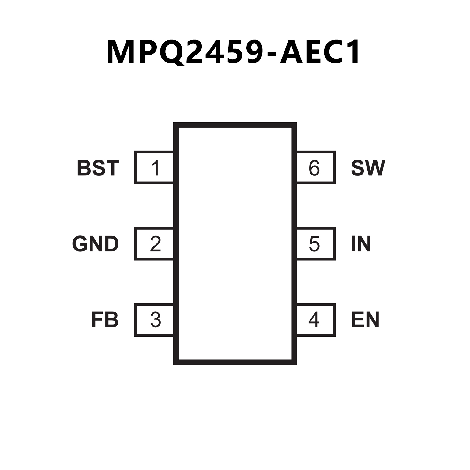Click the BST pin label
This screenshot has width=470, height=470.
98,168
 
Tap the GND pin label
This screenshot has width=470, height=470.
95,244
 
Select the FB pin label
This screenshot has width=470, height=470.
105,320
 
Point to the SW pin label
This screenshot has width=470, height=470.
368,168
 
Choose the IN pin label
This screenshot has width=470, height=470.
361,244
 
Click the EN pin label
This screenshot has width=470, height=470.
365,320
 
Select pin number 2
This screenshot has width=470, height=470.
156,244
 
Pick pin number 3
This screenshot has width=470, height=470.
156,320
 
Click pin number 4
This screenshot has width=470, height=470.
314,320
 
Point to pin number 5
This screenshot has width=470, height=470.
314,244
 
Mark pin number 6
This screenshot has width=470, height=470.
314,168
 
